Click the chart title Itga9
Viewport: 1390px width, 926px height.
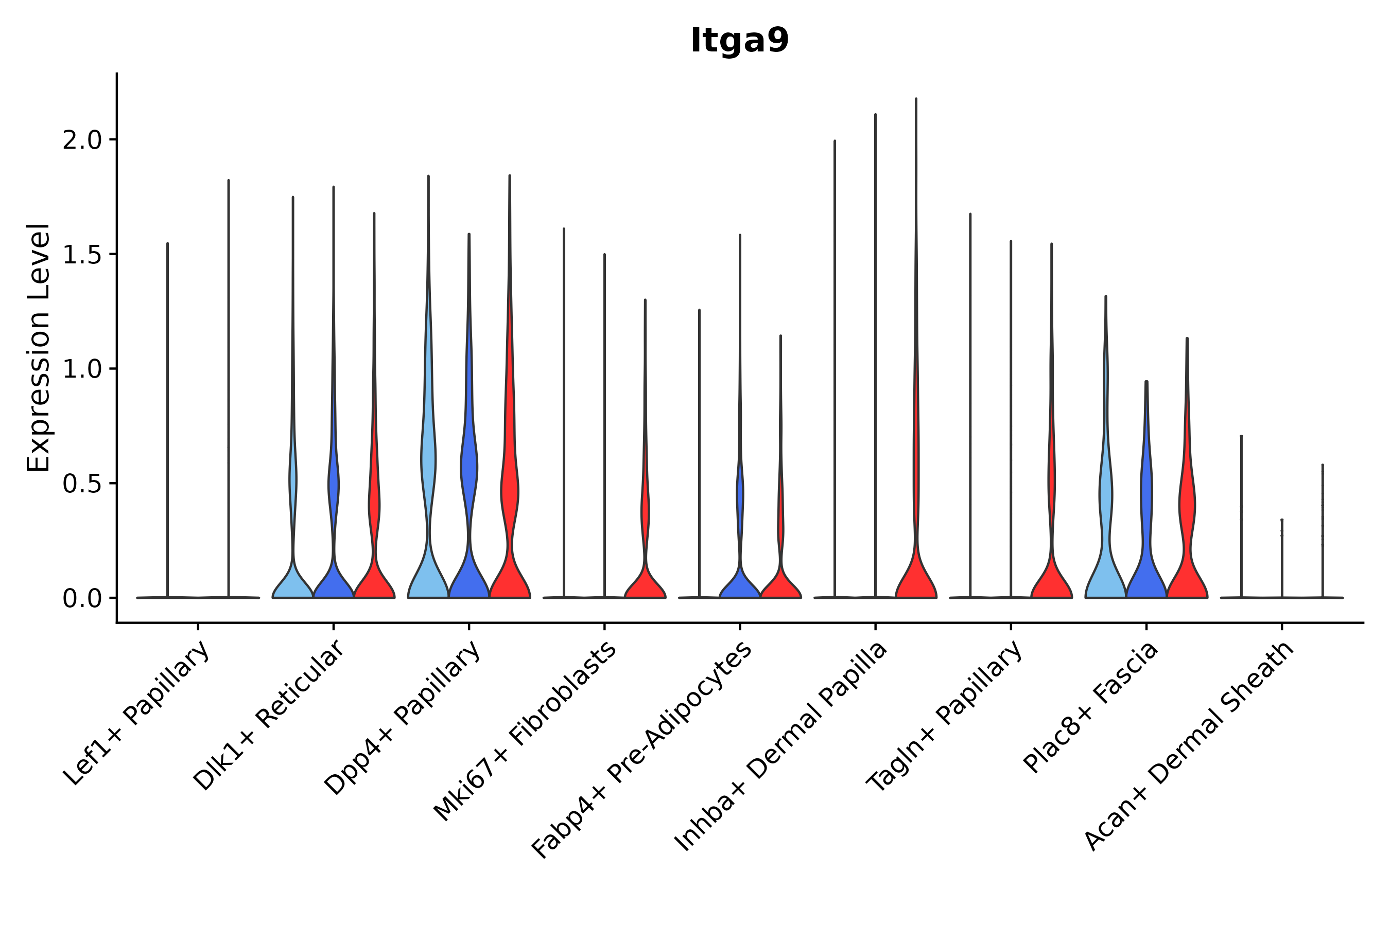739,41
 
